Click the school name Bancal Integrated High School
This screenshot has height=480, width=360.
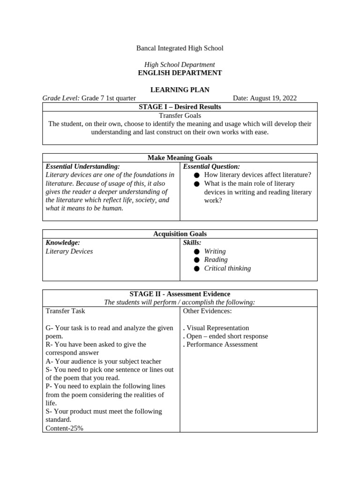pos(180,48)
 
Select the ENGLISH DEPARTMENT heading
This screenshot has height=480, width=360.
pos(180,73)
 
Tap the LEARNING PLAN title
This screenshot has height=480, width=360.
pos(180,90)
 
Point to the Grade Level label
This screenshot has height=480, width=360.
pos(61,98)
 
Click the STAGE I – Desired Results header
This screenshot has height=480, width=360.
pos(180,107)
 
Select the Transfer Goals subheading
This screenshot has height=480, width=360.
pos(180,115)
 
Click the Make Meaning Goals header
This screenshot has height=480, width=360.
pos(180,158)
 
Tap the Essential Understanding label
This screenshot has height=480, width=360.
pos(82,166)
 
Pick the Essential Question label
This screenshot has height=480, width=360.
pos(211,166)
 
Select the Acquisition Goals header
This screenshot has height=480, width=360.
pos(180,234)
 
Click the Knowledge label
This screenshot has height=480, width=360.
pos(63,242)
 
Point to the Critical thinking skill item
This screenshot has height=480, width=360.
pos(227,268)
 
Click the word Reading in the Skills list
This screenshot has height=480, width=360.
pos(216,260)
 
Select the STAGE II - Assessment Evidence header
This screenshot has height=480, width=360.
pos(180,294)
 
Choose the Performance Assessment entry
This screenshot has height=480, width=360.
pos(222,345)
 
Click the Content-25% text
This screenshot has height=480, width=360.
pos(64,428)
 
